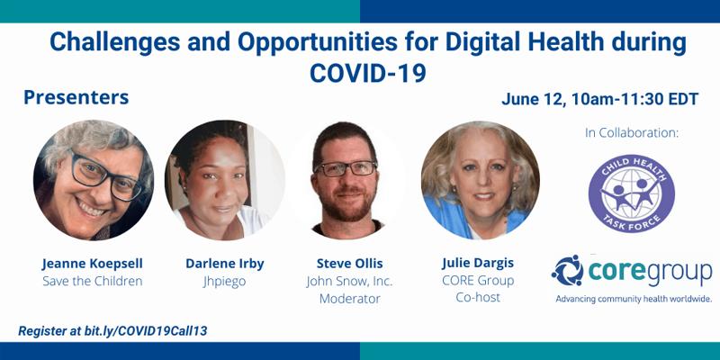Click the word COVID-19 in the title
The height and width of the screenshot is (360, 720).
click(x=368, y=73)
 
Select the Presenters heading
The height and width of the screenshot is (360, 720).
click(x=76, y=97)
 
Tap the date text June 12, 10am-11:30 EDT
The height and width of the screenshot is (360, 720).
click(x=600, y=99)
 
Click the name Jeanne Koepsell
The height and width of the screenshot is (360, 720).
click(x=93, y=264)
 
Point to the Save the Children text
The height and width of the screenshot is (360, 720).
click(x=93, y=281)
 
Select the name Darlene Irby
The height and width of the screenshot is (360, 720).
click(x=224, y=264)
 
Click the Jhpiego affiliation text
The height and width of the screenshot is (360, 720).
click(x=224, y=282)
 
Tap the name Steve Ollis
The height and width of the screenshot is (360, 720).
click(x=349, y=264)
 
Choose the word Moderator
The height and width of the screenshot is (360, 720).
click(x=349, y=299)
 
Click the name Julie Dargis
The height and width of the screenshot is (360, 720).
click(x=478, y=264)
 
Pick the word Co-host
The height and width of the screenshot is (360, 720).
click(x=478, y=297)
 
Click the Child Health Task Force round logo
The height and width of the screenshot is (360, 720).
click(x=632, y=193)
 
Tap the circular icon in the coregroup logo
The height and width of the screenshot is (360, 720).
click(x=568, y=271)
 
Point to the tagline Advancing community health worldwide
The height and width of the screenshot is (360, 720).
click(x=634, y=299)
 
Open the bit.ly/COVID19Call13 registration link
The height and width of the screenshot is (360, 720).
click(x=146, y=330)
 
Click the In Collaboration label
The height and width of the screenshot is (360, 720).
click(x=632, y=133)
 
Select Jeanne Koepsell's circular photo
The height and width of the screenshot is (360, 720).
click(x=94, y=180)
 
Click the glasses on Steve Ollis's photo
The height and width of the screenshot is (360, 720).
click(x=346, y=168)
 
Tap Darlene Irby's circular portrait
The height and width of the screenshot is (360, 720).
click(x=224, y=180)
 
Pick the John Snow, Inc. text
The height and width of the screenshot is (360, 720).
click(x=349, y=281)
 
